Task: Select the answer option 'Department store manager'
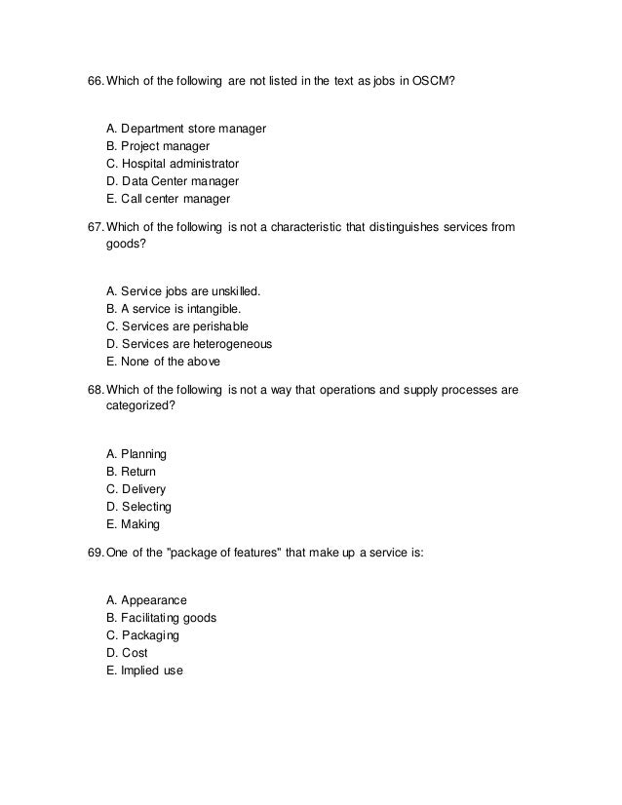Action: click(x=185, y=129)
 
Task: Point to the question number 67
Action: click(x=95, y=228)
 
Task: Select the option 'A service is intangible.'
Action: click(x=173, y=308)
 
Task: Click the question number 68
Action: click(x=95, y=390)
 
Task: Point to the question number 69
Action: click(x=95, y=554)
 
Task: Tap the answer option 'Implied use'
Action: click(x=143, y=670)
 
